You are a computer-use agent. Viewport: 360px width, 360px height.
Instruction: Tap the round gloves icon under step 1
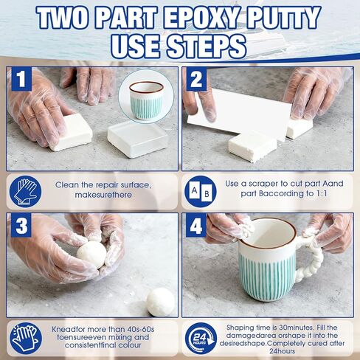click(x=27, y=192)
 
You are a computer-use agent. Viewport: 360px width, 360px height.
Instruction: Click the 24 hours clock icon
click(x=200, y=338)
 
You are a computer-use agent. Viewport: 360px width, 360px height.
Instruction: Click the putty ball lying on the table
click(x=160, y=302)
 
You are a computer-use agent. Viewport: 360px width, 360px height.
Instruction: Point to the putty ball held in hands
click(x=91, y=255)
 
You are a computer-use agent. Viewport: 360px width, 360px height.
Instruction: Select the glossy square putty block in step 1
click(x=137, y=139)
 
